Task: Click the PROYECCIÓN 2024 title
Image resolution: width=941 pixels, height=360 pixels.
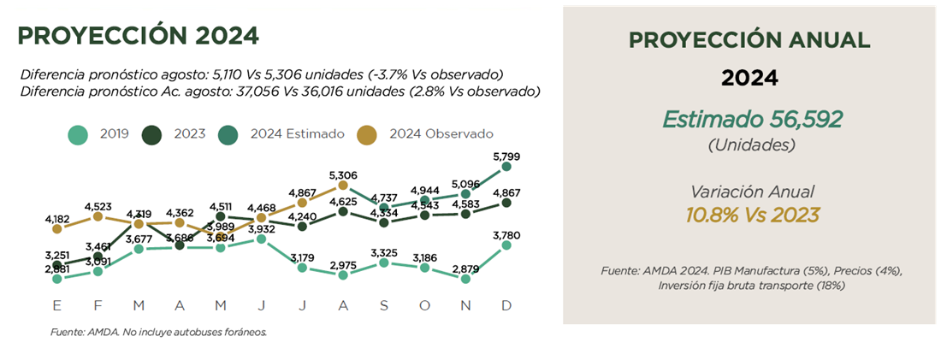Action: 138,35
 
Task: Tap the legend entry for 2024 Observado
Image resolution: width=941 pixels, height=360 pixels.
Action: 427,134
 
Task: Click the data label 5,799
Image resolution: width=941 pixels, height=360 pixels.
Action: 506,156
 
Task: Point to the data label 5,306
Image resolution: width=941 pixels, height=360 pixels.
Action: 343,174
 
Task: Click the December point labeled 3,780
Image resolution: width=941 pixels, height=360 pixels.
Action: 506,245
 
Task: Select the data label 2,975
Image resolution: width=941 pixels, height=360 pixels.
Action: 343,264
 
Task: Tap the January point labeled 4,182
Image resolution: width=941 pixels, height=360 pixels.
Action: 56,228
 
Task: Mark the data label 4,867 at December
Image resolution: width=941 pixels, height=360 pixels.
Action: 506,192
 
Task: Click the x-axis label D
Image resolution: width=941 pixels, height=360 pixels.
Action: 506,304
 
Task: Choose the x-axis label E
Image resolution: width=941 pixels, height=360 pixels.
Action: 56,304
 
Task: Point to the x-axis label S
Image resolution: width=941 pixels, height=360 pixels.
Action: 384,304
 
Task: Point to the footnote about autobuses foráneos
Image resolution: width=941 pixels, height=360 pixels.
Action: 158,332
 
